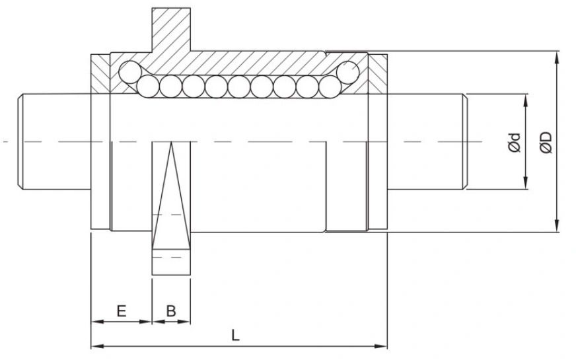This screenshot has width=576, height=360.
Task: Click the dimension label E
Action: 121,310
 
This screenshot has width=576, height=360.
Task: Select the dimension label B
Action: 170,310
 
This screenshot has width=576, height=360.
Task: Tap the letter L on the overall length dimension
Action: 235,335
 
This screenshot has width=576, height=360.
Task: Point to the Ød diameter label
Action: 515,143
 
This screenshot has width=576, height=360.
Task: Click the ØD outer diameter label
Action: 546,142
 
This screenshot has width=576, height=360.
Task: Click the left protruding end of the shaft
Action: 53,142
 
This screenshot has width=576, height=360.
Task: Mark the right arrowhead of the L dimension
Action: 381,345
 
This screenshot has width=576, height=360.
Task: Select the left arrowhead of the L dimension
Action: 95,345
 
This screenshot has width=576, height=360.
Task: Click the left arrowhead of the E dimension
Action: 95,322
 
